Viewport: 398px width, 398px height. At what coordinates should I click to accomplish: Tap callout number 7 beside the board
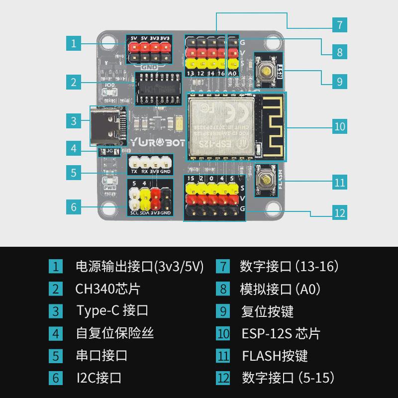(x=339, y=25)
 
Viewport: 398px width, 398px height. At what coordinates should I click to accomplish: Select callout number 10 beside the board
(x=339, y=126)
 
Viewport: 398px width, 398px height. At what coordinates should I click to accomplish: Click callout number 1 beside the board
(x=74, y=43)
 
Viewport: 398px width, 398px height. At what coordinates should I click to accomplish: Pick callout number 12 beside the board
(x=339, y=213)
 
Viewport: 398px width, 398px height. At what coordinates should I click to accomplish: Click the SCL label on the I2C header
(x=134, y=213)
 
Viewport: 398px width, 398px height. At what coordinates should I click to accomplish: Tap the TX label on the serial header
(x=134, y=172)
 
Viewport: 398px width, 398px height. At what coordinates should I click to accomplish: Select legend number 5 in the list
(x=56, y=356)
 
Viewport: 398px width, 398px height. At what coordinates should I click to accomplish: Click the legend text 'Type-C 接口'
(x=112, y=311)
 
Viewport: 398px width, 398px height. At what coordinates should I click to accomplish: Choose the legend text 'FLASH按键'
(x=275, y=356)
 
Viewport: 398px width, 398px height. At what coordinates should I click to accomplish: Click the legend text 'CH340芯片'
(x=107, y=289)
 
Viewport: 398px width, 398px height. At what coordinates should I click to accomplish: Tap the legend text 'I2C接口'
(x=99, y=378)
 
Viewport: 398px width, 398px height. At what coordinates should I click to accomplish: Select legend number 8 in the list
(x=223, y=289)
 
